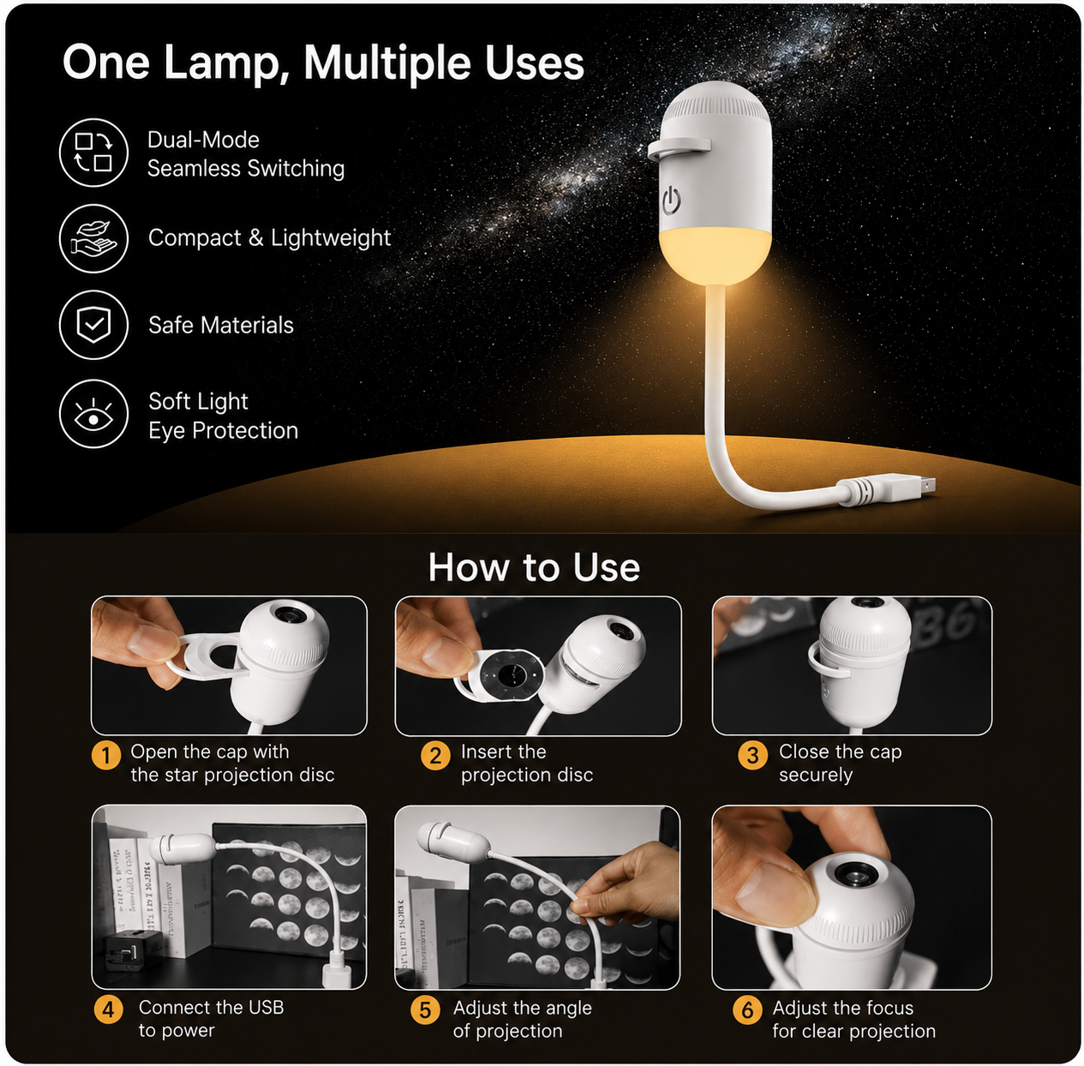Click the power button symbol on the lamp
tap(671, 201)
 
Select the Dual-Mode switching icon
tap(94, 153)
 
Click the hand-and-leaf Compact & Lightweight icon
tap(94, 238)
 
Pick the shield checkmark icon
tap(94, 325)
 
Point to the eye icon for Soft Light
tap(94, 414)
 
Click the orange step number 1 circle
tap(105, 755)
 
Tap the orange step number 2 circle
tap(435, 755)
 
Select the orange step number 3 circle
tap(752, 755)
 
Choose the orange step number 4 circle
tap(109, 1009)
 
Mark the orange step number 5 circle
tap(425, 1009)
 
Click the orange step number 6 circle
tap(747, 1009)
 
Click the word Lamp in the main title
tap(222, 63)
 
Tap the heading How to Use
tap(535, 567)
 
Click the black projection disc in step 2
tap(512, 674)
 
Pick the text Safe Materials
tap(221, 325)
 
